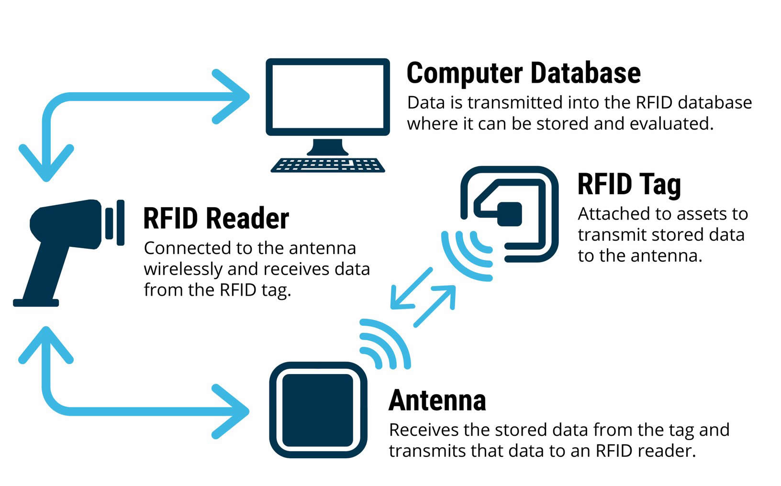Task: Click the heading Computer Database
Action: (524, 73)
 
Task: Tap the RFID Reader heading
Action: (216, 219)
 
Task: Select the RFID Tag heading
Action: (629, 184)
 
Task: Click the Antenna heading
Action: (437, 400)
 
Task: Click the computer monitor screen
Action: (328, 96)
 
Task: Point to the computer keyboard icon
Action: (328, 165)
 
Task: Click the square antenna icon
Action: (318, 410)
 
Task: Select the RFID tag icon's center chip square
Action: (509, 214)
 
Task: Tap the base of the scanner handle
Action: (36, 302)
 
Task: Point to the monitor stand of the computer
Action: (328, 147)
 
